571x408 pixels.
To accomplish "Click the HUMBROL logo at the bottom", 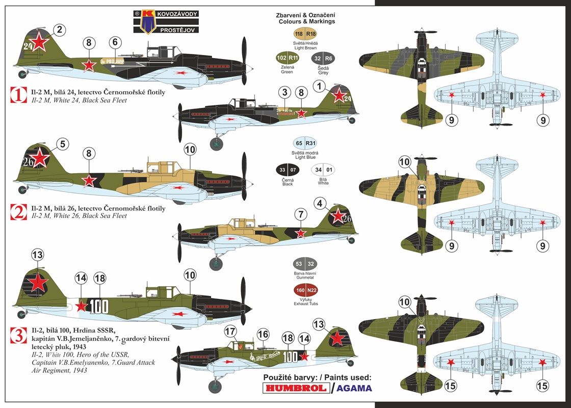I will click(296, 388).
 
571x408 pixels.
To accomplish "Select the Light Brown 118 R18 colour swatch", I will click(305, 34).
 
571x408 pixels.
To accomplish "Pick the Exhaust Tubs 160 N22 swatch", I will click(305, 291).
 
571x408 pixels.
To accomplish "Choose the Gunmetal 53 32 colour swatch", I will click(305, 264).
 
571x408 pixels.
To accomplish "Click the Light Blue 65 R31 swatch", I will click(305, 144).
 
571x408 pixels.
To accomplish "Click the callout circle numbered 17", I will click(231, 332).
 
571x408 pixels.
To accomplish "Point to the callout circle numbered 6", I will click(115, 42).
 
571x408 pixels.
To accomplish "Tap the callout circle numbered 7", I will click(301, 214).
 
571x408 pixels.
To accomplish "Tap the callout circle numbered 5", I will click(62, 145).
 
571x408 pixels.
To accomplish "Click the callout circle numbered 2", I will click(59, 30).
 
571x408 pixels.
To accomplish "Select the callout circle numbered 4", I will click(320, 204).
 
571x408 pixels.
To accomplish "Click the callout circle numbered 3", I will click(285, 92).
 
